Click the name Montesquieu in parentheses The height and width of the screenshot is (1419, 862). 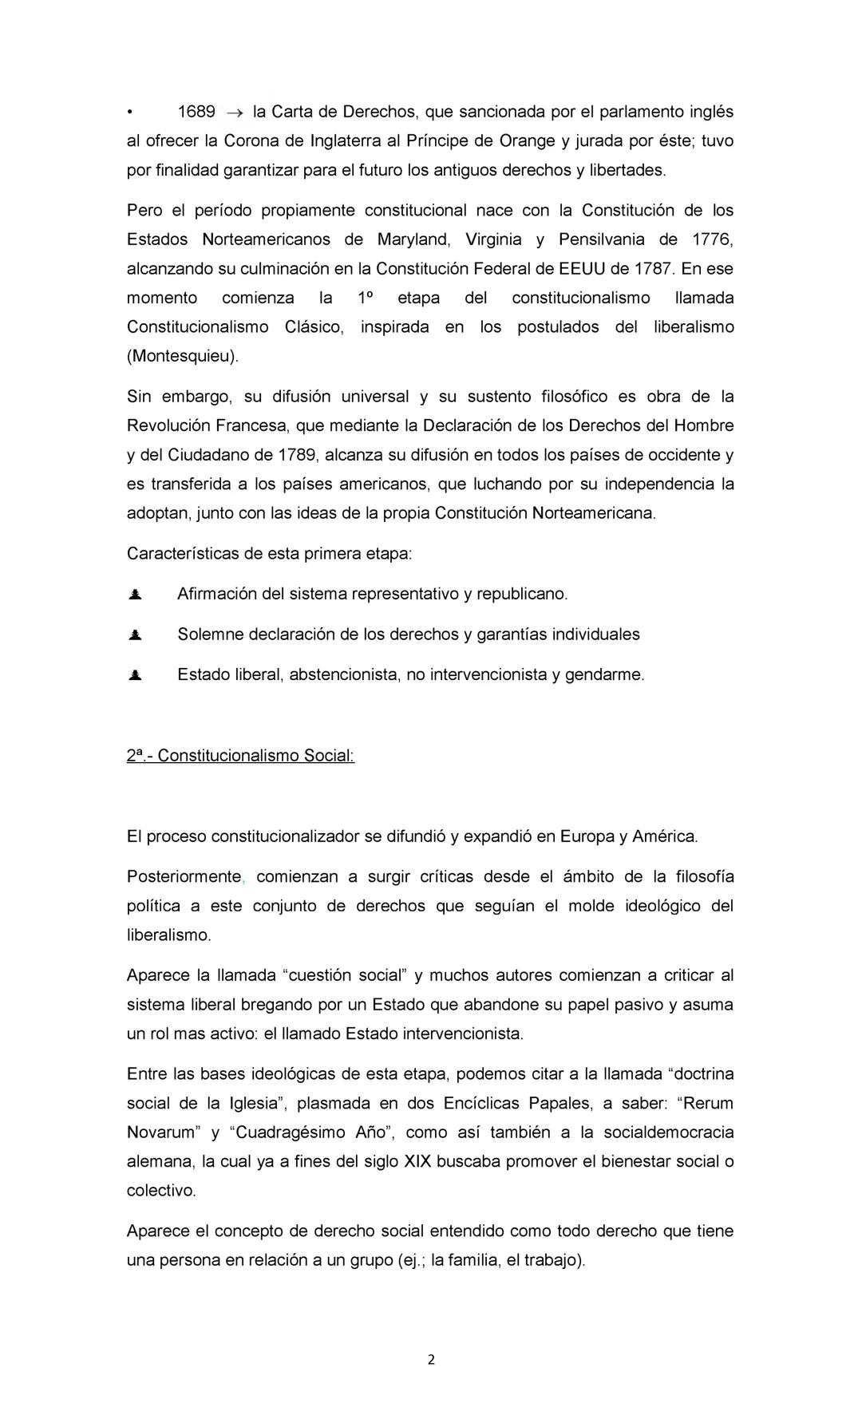pos(183,356)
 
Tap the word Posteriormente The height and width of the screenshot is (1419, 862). pos(184,877)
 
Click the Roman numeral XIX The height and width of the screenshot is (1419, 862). pos(417,1161)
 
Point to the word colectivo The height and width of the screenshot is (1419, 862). pos(161,1191)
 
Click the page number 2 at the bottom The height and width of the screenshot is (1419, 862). pos(431,1361)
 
